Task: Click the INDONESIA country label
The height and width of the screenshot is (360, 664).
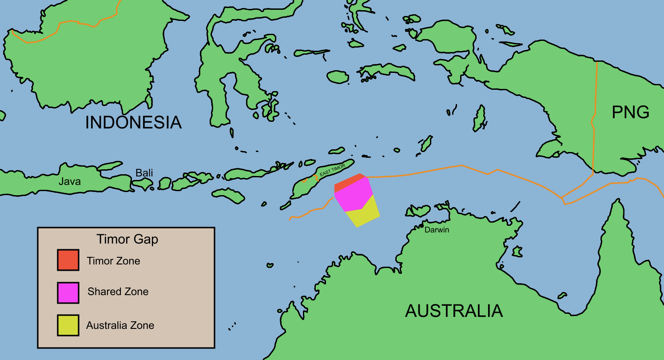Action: coord(133,122)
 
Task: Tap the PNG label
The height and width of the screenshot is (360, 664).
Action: coord(630,112)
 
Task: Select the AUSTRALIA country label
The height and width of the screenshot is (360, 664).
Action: coord(453,311)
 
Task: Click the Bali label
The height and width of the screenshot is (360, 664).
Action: coord(144,172)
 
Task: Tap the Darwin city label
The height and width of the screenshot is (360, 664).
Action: coord(437,230)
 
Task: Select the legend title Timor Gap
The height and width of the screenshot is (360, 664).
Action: coord(127,240)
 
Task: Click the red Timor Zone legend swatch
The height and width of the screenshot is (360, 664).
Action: coord(68,260)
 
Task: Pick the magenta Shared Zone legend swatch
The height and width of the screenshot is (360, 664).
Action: coord(68,292)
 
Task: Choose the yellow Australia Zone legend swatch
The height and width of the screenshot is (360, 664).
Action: coord(68,325)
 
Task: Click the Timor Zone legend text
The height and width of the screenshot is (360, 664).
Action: coord(113,261)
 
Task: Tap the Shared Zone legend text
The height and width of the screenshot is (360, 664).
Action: coord(118,292)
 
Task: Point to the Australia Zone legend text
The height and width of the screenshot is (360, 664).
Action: coord(120,325)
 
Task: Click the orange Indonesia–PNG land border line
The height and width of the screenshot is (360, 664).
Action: coord(594,116)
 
